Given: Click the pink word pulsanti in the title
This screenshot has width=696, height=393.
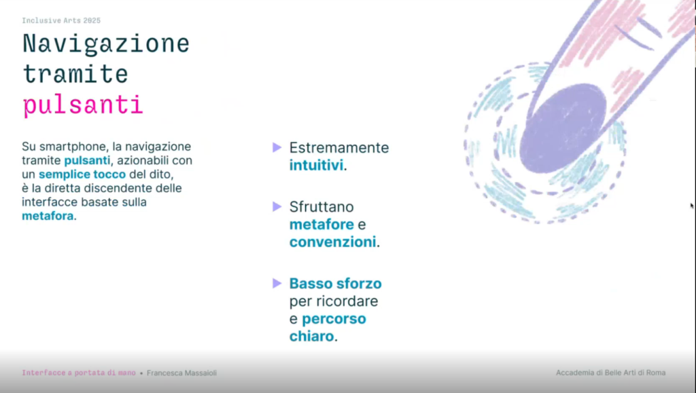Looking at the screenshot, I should coord(82,106).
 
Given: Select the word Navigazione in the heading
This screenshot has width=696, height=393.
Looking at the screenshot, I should coord(105,44).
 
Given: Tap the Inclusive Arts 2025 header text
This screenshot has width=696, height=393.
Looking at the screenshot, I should coord(60,21).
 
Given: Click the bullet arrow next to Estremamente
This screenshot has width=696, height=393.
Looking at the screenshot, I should coord(277,147).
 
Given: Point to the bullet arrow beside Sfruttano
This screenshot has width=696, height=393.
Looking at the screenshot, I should coord(277,206).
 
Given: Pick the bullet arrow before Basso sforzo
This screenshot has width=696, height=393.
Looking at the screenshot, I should coord(277,282).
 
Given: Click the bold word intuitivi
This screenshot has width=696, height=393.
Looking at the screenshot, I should coord(316,165).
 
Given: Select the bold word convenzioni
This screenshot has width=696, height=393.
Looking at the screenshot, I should coord(332,242).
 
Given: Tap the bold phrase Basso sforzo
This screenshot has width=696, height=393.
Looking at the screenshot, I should coord(335,283).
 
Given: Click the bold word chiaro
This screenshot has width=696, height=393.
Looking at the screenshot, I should coord(311,336).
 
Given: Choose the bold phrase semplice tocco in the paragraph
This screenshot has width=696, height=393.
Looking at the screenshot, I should coord(82,174).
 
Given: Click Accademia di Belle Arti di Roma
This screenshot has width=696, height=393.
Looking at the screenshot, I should coord(610,373).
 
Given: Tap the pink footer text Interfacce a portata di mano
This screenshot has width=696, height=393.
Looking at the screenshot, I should coord(78,373).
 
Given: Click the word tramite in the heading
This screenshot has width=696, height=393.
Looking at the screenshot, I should coord(75,74).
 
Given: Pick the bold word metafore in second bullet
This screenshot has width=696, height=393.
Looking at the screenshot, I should coord(321,224).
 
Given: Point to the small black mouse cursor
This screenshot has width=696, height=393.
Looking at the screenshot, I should coord(692,206).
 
